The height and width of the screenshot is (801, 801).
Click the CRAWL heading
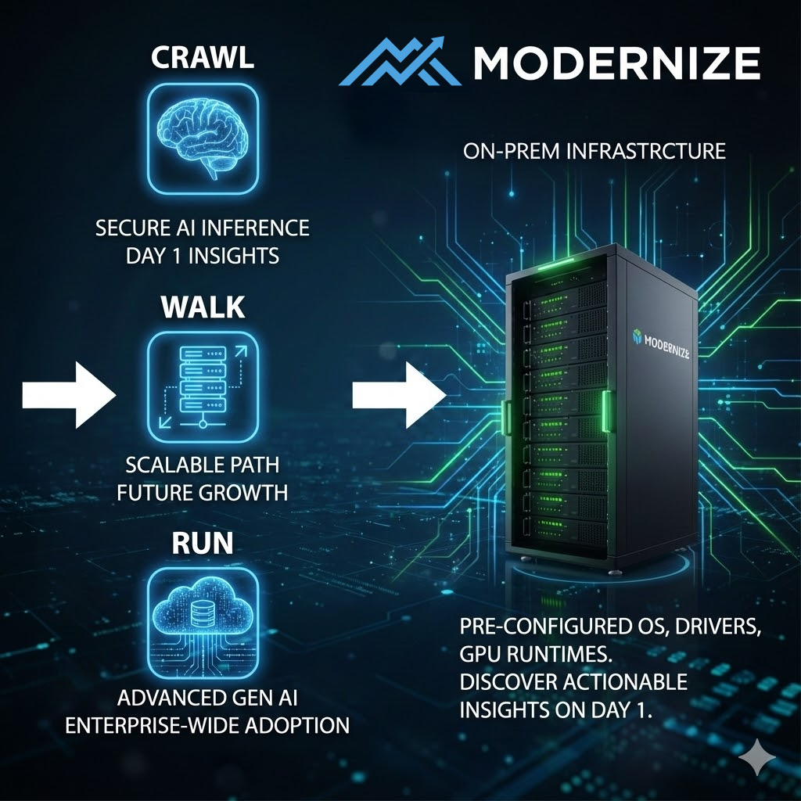click(x=203, y=58)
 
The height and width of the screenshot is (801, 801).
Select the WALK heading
click(x=203, y=307)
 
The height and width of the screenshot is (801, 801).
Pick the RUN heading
click(x=203, y=543)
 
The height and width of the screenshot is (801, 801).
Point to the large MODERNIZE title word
click(x=616, y=63)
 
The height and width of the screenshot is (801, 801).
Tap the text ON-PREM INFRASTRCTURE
click(x=594, y=151)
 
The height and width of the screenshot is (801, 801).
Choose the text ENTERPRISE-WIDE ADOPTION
click(x=207, y=724)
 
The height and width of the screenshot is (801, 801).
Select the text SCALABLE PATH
click(x=203, y=465)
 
